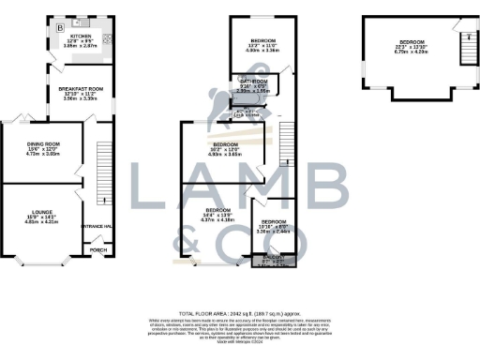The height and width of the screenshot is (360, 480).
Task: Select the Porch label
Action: (x=96, y=251)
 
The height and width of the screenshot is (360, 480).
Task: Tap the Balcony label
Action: (x=275, y=255)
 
